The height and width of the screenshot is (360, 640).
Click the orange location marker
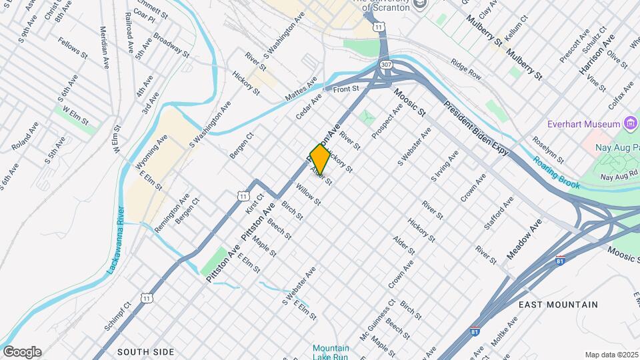coord(320,159)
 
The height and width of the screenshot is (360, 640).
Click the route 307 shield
coord(387,65)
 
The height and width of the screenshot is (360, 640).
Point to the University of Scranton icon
coord(419,5)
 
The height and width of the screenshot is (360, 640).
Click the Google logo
coord(22,351)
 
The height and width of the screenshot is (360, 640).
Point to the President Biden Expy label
coord(477,129)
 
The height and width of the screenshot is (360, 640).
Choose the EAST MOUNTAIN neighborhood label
coord(558,305)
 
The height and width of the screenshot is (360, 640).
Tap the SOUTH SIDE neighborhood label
coord(145,351)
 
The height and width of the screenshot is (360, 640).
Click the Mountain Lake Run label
coord(331,352)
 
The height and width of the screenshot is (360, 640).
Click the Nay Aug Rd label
coord(614,177)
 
